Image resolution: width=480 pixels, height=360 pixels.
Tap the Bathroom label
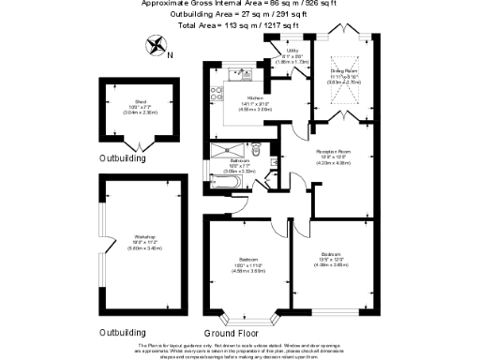click(x=238, y=163)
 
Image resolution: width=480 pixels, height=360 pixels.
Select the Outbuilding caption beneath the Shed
click(x=123, y=160)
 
